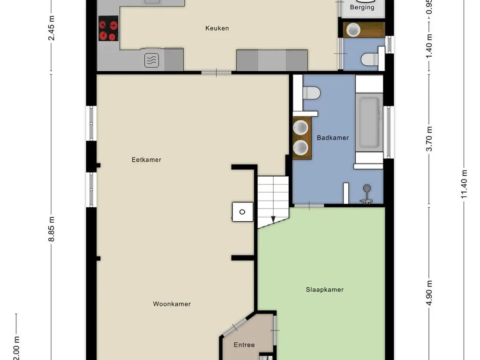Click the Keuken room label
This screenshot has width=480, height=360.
217,28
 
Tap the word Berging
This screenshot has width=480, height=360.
362,7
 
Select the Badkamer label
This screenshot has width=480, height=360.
333,138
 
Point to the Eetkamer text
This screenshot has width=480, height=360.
146,160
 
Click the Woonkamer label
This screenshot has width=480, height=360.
172,304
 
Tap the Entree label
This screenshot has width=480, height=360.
244,345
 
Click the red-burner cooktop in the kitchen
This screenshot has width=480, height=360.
108,30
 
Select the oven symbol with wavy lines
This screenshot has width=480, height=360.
151,60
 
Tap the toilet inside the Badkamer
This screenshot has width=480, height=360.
311,93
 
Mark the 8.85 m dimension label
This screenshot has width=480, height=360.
52,229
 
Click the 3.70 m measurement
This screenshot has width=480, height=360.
429,139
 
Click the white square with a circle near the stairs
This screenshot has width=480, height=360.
242,212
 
